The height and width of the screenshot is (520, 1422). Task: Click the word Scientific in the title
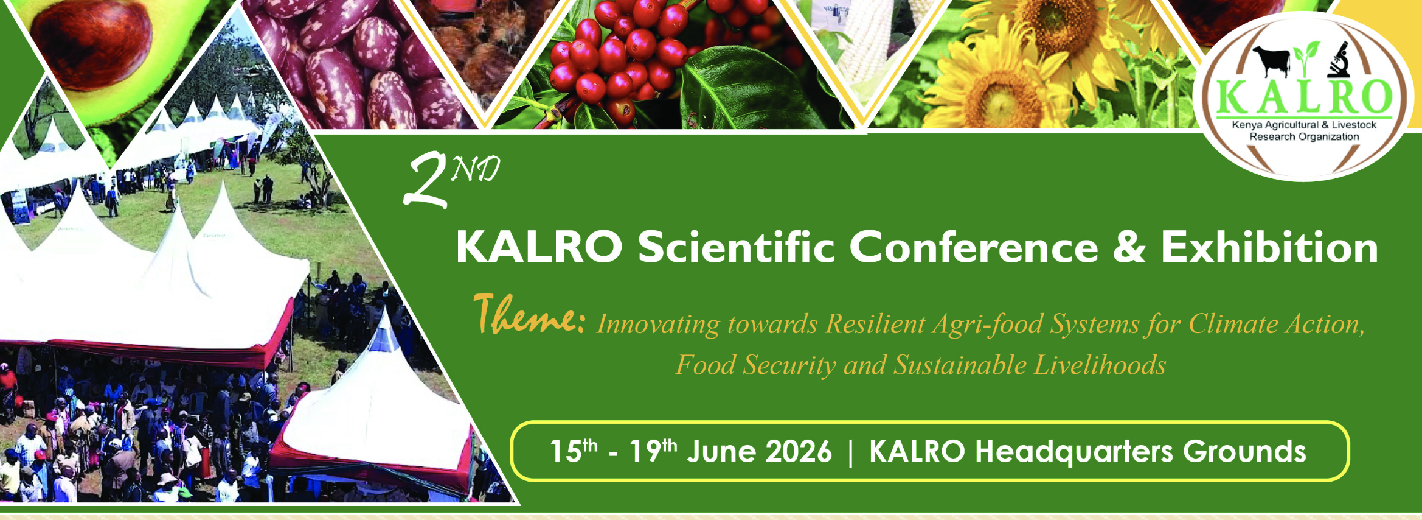click(x=735, y=248)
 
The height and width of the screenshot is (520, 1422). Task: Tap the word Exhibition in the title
click(x=1269, y=248)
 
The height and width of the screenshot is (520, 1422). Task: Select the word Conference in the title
click(x=973, y=248)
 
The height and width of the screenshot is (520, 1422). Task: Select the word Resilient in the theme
click(x=875, y=324)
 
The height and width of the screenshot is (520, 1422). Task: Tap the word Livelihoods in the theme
click(x=1100, y=365)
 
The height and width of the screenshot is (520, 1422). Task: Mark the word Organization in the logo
click(x=1328, y=137)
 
